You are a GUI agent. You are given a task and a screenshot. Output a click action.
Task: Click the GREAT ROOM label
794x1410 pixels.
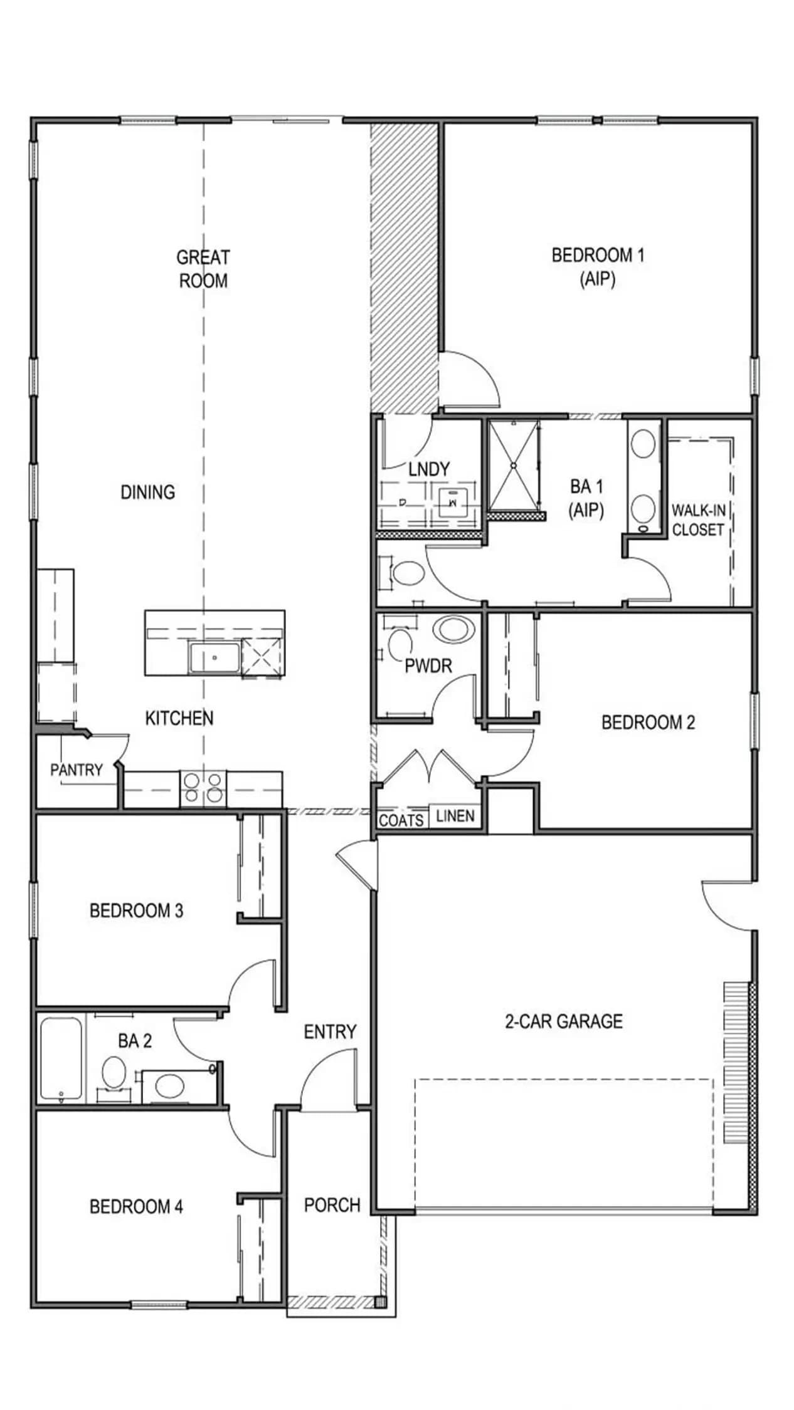click(203, 268)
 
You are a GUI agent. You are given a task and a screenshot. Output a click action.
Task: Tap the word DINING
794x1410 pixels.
click(148, 492)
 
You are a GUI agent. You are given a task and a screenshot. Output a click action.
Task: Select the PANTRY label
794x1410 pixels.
click(77, 770)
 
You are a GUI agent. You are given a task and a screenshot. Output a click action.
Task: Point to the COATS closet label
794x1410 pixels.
click(401, 820)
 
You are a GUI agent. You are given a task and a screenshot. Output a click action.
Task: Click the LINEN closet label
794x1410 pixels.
click(455, 816)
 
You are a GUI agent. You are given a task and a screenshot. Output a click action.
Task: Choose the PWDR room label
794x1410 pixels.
click(428, 666)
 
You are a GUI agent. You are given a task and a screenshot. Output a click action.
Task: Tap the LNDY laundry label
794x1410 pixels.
click(429, 469)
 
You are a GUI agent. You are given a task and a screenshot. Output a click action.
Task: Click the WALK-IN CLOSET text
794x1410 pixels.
click(698, 520)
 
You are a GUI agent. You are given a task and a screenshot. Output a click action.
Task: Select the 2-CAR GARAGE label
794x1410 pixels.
click(564, 1021)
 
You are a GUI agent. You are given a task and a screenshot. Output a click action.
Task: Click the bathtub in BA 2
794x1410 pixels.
click(61, 1059)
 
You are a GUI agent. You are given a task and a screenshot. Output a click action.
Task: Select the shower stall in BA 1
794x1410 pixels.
click(514, 466)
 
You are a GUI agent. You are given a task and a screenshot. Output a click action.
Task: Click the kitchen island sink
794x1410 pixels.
click(214, 658)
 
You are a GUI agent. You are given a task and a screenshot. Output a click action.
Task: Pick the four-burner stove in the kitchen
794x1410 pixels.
click(203, 788)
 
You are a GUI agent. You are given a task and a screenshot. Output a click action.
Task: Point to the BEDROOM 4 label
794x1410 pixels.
click(136, 1206)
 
